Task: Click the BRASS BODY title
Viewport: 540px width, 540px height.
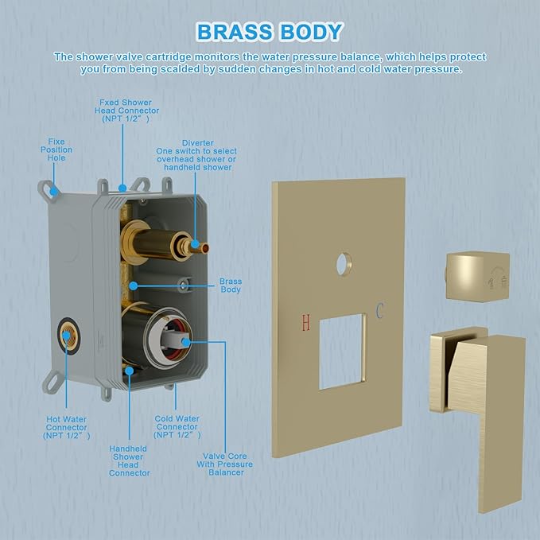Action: (x=270, y=32)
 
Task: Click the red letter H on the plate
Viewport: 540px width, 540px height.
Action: (x=306, y=323)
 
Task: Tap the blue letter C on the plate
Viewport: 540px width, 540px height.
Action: (x=379, y=310)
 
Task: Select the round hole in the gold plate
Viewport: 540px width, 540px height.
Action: (x=344, y=264)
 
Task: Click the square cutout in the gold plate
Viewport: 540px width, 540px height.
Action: (x=342, y=352)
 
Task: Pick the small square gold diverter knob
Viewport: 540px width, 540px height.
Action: (x=477, y=277)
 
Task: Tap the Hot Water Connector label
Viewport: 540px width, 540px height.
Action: (x=67, y=427)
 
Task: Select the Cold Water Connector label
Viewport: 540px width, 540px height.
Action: (x=177, y=427)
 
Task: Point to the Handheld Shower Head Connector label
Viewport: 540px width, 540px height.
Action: (x=129, y=460)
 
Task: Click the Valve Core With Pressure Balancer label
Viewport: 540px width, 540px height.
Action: (x=225, y=464)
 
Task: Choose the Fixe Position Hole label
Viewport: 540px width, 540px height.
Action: (x=56, y=150)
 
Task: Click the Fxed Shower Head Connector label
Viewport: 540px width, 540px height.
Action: (x=126, y=111)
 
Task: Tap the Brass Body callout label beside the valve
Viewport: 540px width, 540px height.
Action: (x=231, y=286)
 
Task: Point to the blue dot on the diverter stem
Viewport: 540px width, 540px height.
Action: (x=195, y=244)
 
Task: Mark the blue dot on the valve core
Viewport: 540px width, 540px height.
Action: (x=185, y=342)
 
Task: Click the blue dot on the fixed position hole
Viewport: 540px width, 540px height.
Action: (x=54, y=191)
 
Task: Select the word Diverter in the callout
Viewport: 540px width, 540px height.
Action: (x=198, y=143)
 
